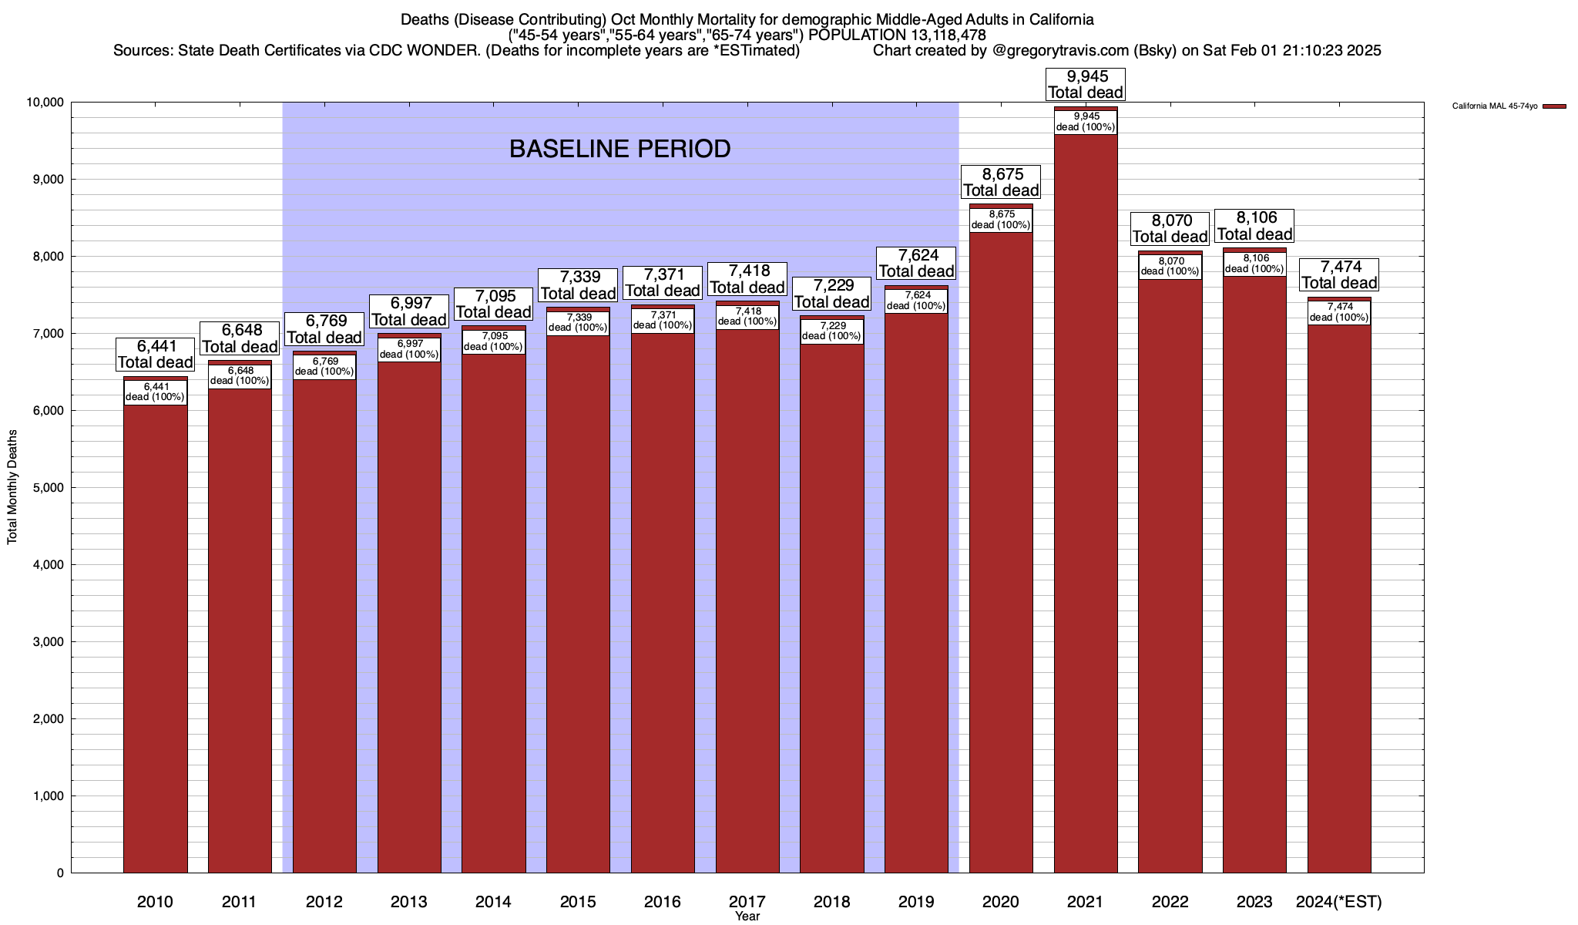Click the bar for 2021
[x=1086, y=501]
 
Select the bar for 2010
[x=155, y=632]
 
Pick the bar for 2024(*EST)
[x=1339, y=601]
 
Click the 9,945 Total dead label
[x=1086, y=84]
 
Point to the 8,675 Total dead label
[x=1001, y=182]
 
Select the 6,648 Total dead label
[x=240, y=338]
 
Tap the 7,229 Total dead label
[x=831, y=294]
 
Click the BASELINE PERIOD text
[x=619, y=149]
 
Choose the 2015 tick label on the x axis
[x=578, y=902]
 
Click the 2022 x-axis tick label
[x=1170, y=902]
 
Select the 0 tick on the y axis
[x=59, y=873]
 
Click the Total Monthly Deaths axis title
[x=12, y=487]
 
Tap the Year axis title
[x=747, y=917]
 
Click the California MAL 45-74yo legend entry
[x=1495, y=106]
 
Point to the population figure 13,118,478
[x=934, y=35]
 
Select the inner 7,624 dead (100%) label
[x=916, y=301]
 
